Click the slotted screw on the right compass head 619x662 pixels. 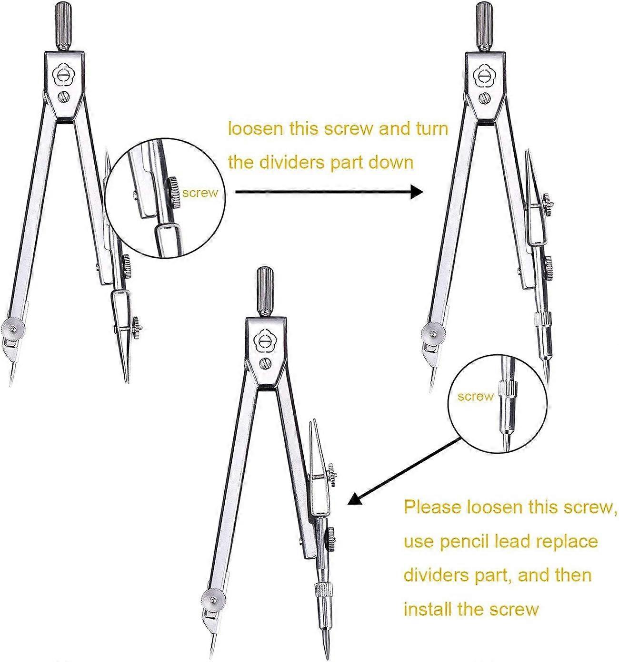tap(485, 98)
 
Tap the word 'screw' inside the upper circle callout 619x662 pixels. tap(200, 193)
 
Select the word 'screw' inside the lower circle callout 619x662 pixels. tap(475, 396)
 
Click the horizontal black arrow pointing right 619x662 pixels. tap(329, 192)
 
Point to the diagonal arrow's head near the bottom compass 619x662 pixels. tap(355, 500)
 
